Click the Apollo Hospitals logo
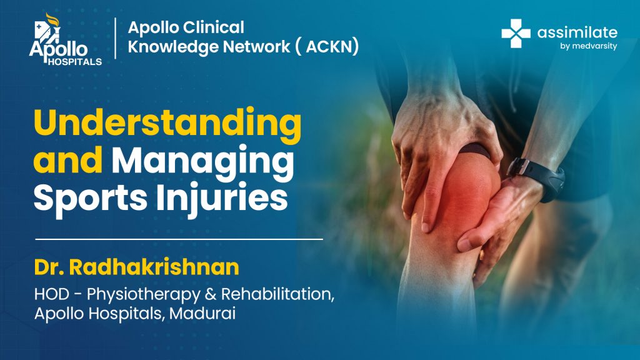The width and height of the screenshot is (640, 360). click(65, 39)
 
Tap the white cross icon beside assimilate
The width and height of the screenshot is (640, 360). click(516, 34)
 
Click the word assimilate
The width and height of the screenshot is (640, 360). click(577, 32)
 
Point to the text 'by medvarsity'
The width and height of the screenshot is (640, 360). click(589, 46)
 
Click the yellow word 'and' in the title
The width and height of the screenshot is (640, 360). click(67, 161)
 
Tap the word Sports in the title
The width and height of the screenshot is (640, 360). click(90, 199)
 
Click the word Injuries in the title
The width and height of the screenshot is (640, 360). click(222, 199)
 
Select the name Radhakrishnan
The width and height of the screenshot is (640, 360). click(154, 267)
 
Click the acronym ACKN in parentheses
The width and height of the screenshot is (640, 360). click(332, 47)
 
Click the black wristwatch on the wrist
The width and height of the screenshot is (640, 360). click(538, 177)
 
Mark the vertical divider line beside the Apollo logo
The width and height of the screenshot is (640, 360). click(116, 38)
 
